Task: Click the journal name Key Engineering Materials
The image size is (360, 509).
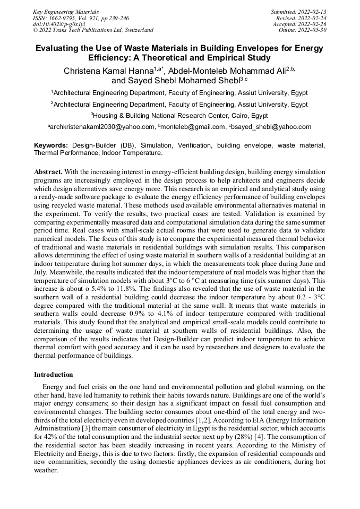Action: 66,11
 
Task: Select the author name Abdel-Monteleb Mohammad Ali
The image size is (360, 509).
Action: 227,71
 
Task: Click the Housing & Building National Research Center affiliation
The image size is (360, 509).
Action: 180,115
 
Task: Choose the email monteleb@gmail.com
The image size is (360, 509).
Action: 193,127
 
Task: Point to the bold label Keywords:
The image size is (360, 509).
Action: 51,145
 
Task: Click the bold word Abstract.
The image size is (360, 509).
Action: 48,172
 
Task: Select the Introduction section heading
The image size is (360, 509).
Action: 53,374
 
